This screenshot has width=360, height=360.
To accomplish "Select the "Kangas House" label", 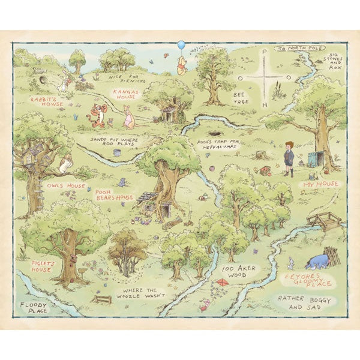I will click(125, 95).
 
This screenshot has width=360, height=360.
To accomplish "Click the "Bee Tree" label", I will click(241, 98).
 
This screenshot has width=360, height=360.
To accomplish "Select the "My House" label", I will click(320, 185).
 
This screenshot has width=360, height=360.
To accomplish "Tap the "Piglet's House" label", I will click(41, 266).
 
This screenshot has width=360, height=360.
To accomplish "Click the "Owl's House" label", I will click(67, 187).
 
